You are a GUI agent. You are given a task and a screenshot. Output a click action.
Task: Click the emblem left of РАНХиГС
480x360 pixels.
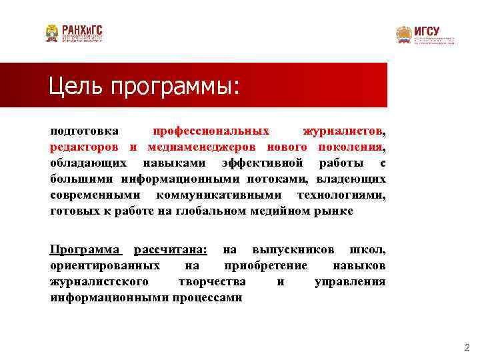(52, 33)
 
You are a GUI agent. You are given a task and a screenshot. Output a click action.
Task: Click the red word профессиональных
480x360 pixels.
(211, 130)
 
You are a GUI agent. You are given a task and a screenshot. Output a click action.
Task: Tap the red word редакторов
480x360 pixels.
(85, 147)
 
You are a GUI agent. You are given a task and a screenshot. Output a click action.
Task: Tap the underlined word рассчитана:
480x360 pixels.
(170, 249)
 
